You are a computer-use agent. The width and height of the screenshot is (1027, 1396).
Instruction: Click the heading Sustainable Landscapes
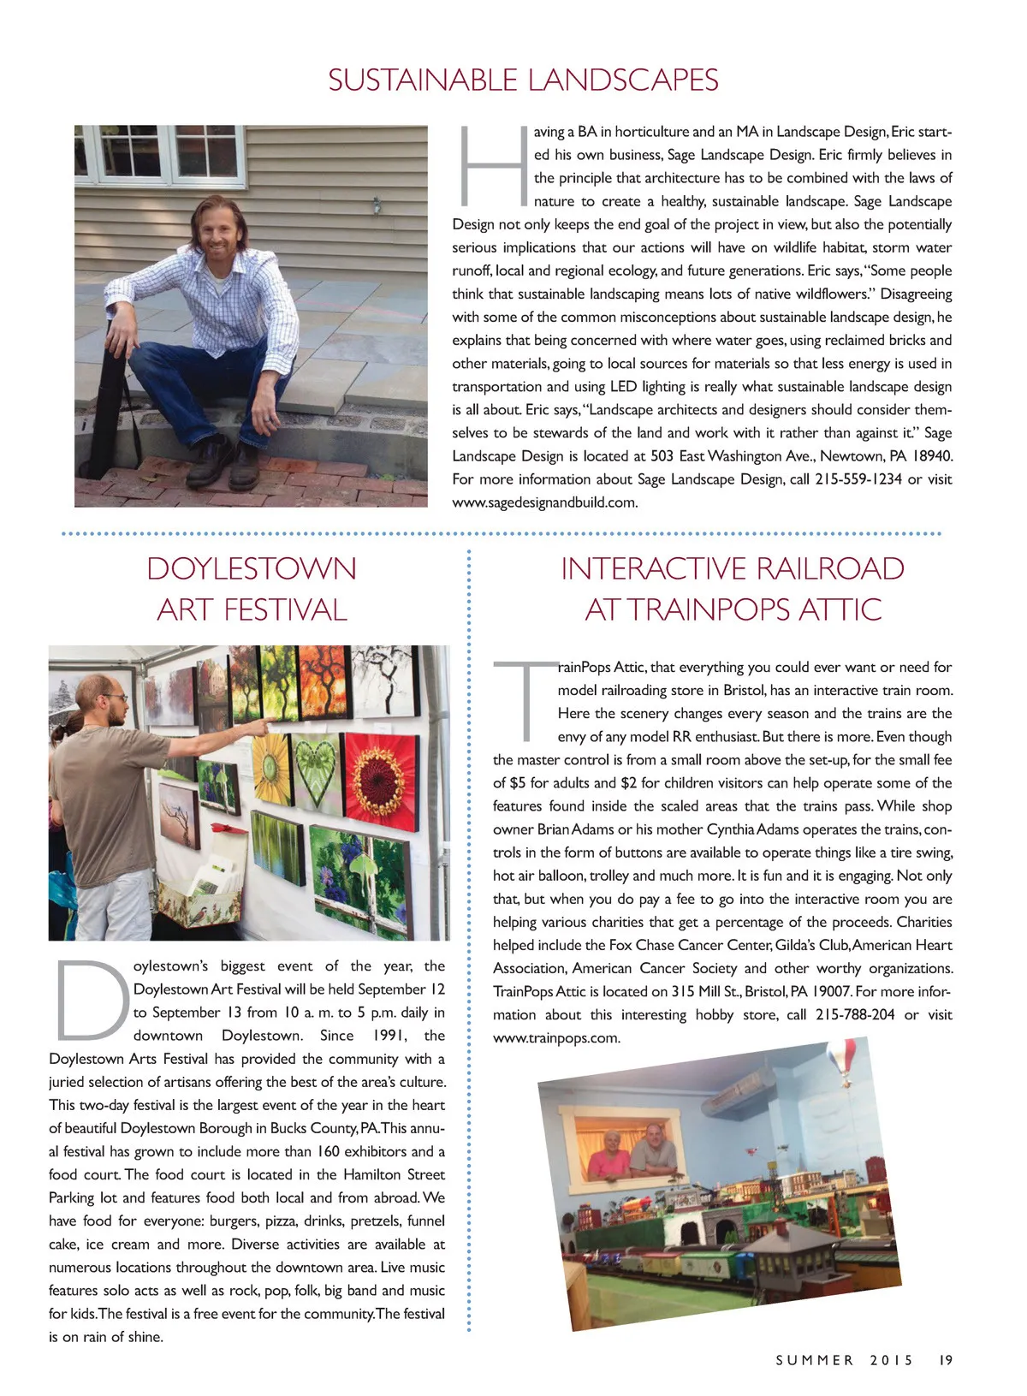[523, 80]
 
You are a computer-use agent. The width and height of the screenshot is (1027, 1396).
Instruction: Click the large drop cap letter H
[492, 166]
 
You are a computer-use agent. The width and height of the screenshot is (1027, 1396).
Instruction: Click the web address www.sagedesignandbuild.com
[544, 502]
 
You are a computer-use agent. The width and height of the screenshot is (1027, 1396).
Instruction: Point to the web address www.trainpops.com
[555, 1038]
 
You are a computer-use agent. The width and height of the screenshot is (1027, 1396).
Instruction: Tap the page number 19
[945, 1360]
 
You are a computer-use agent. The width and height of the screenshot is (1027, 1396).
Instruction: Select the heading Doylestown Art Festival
[252, 589]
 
